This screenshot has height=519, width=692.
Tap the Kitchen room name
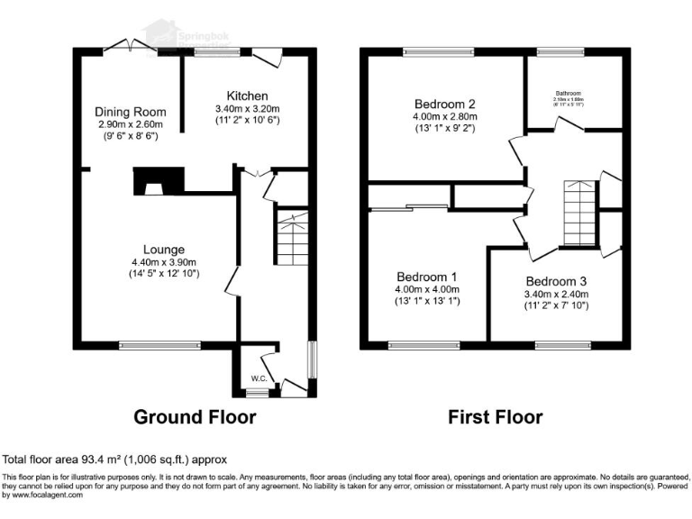point(247,96)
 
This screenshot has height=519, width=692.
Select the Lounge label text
point(163,250)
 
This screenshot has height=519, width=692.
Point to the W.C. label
point(257,378)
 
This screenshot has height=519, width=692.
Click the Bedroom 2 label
point(444,103)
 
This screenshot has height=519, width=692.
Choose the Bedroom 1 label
point(429,277)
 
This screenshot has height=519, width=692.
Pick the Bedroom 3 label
point(557,280)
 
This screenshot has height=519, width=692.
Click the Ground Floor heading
point(195,417)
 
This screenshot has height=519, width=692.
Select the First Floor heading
point(496,417)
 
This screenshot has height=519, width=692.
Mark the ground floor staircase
point(290,236)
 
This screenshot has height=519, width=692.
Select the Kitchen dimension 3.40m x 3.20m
point(247,109)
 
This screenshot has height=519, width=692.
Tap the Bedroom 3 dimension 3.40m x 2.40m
point(557,293)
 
